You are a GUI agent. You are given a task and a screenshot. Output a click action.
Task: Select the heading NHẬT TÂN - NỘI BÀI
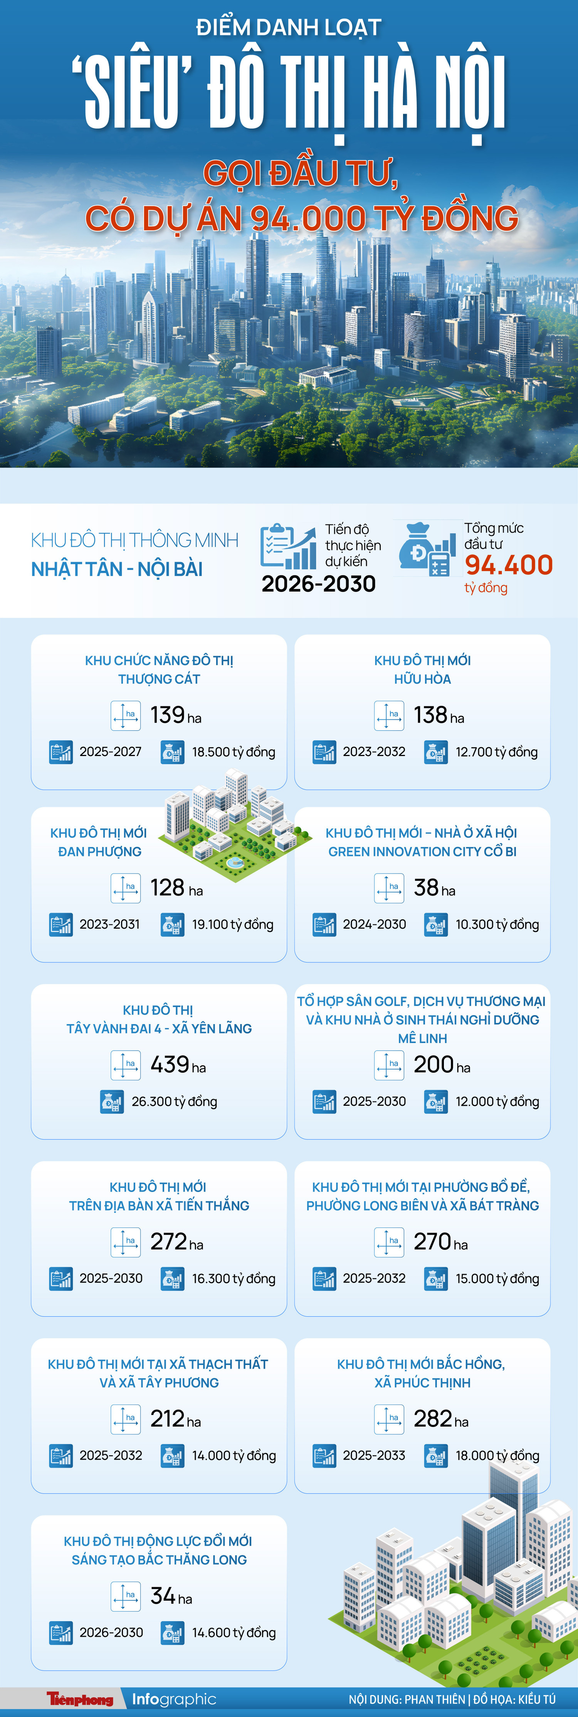point(117,569)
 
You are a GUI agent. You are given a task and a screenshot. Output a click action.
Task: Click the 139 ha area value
point(175,715)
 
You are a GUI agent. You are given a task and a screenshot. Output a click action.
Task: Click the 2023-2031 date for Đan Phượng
point(109,924)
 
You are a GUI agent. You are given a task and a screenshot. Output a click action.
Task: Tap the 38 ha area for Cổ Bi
point(434,888)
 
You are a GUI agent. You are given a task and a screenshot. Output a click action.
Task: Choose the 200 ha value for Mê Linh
point(441,1065)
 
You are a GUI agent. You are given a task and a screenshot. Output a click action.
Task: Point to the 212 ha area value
point(175,1419)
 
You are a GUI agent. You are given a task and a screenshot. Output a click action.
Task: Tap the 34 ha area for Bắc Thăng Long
point(171,1596)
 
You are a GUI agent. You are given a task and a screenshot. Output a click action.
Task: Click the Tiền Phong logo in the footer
point(80,1699)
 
